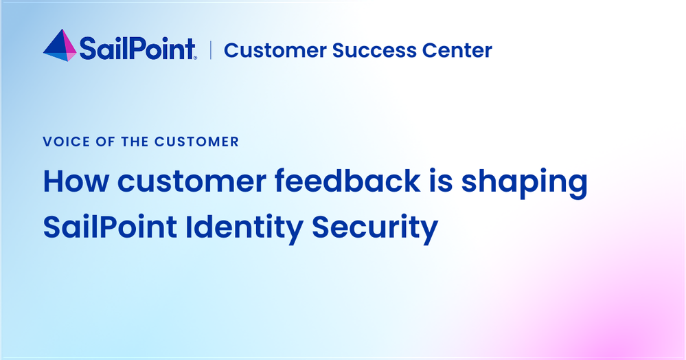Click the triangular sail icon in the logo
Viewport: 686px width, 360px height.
point(60,46)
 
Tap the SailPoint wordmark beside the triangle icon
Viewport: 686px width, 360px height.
point(137,49)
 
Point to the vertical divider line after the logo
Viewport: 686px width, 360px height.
point(211,50)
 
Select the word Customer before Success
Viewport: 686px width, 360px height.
point(275,50)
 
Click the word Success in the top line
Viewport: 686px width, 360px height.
point(374,50)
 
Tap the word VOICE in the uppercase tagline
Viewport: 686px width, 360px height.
point(66,142)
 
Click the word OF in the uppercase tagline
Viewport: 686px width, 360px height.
point(106,142)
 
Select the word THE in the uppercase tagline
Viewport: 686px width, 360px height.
point(135,142)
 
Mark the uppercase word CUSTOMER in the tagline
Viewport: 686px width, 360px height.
point(197,142)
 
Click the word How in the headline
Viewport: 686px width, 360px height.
point(76,181)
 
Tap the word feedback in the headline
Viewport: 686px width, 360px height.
point(348,181)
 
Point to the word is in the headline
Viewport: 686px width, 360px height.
point(441,181)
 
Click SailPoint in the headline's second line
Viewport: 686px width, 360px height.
point(110,227)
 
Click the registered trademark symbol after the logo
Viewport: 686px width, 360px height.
point(195,58)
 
